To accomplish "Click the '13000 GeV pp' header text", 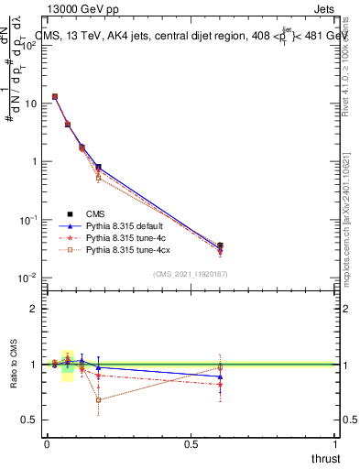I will [x=80, y=9].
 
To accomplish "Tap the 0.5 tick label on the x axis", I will [x=191, y=444].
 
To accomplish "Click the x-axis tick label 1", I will [x=336, y=444].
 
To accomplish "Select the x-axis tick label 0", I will [x=47, y=444].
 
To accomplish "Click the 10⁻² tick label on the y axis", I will [x=28, y=278].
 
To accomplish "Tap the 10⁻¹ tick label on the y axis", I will [x=28, y=220].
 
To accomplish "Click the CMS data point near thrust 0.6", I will [x=220, y=245].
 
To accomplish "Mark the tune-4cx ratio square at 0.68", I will [x=98, y=399].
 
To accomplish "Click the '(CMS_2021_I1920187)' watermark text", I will [x=190, y=273].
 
